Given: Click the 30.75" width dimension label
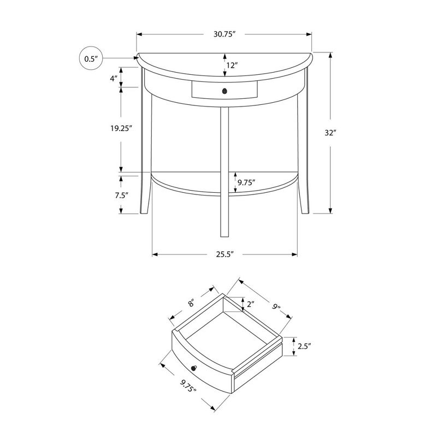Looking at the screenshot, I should [x=224, y=34].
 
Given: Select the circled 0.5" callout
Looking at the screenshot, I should [x=91, y=58].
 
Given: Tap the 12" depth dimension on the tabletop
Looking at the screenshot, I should [x=232, y=66].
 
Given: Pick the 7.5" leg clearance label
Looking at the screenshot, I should [x=121, y=194].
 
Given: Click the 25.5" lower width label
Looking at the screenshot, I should [x=224, y=254].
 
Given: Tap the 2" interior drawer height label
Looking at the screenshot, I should [x=250, y=304].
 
